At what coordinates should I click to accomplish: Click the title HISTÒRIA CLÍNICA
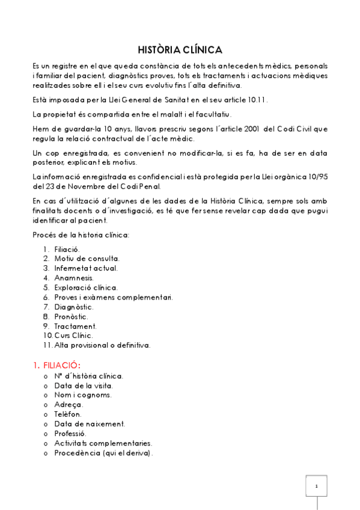click(x=180, y=49)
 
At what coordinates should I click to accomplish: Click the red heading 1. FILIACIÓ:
click(x=56, y=365)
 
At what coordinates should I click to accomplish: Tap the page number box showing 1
click(x=316, y=486)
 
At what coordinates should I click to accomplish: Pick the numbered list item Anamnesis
click(x=74, y=278)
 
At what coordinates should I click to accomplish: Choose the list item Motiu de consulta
click(x=82, y=259)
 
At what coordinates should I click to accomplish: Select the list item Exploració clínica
click(x=86, y=287)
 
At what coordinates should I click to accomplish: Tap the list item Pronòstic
click(x=71, y=316)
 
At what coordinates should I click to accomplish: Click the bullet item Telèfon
click(x=67, y=414)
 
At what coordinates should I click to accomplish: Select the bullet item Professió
click(x=70, y=434)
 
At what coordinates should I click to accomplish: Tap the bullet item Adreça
click(x=68, y=405)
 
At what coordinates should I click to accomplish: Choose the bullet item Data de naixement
click(x=90, y=424)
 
